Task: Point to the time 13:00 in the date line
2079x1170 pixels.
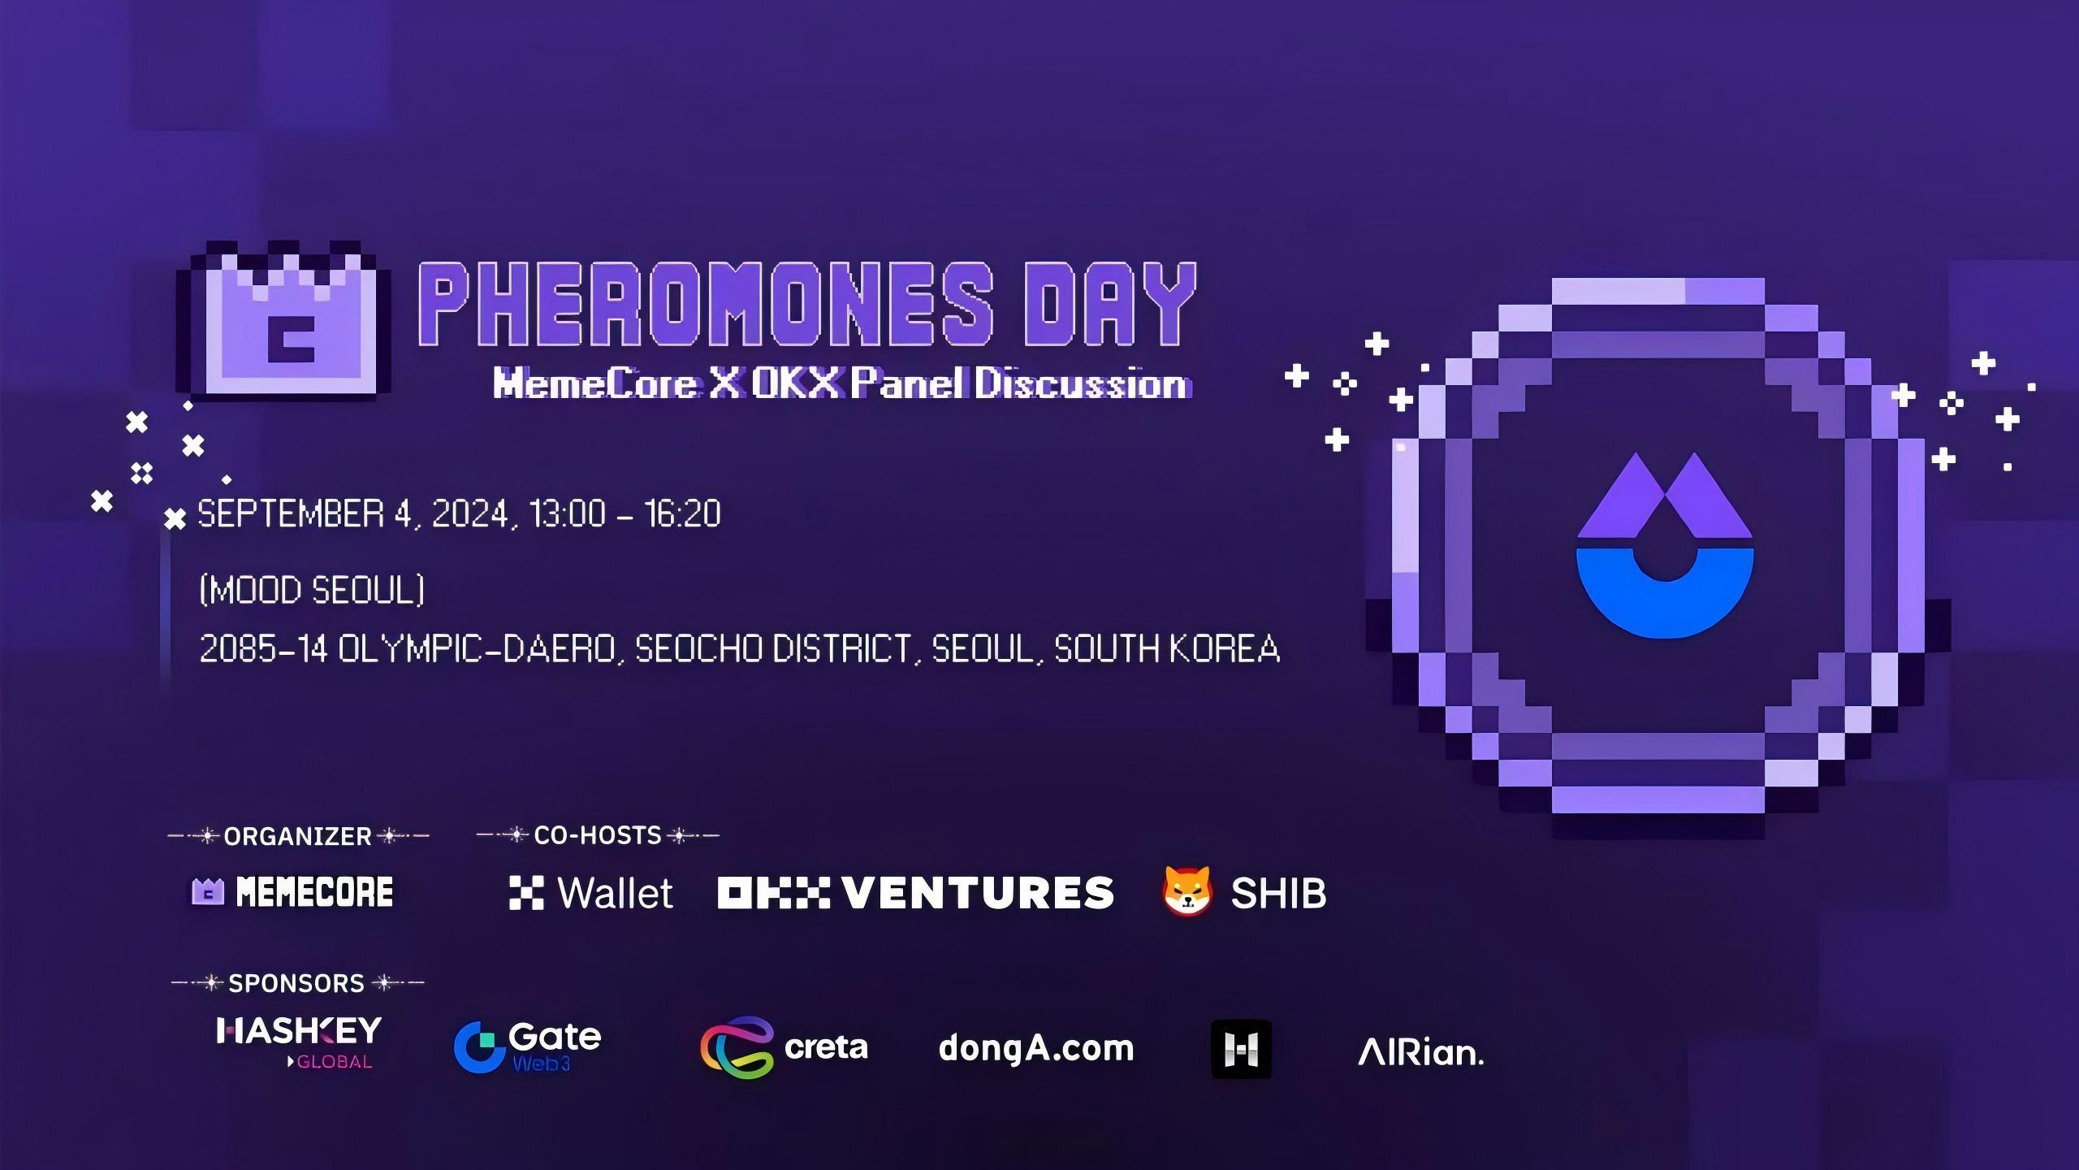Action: coord(567,513)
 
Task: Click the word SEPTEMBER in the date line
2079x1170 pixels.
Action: coord(291,513)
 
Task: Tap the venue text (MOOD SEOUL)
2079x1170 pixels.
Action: coord(312,589)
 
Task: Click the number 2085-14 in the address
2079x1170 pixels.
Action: coord(263,648)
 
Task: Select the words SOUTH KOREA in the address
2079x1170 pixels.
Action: coord(1166,648)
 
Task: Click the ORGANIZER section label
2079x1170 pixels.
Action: coord(297,836)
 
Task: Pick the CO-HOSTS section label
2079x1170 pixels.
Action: coord(598,835)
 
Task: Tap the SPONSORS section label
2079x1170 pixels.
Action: coord(296,983)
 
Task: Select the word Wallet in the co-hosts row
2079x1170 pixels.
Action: coord(615,893)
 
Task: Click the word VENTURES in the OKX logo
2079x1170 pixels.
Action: coord(978,892)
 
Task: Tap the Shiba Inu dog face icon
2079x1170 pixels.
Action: coord(1186,891)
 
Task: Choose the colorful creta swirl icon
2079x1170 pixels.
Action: coord(736,1046)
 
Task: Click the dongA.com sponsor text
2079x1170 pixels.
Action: coord(1035,1048)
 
